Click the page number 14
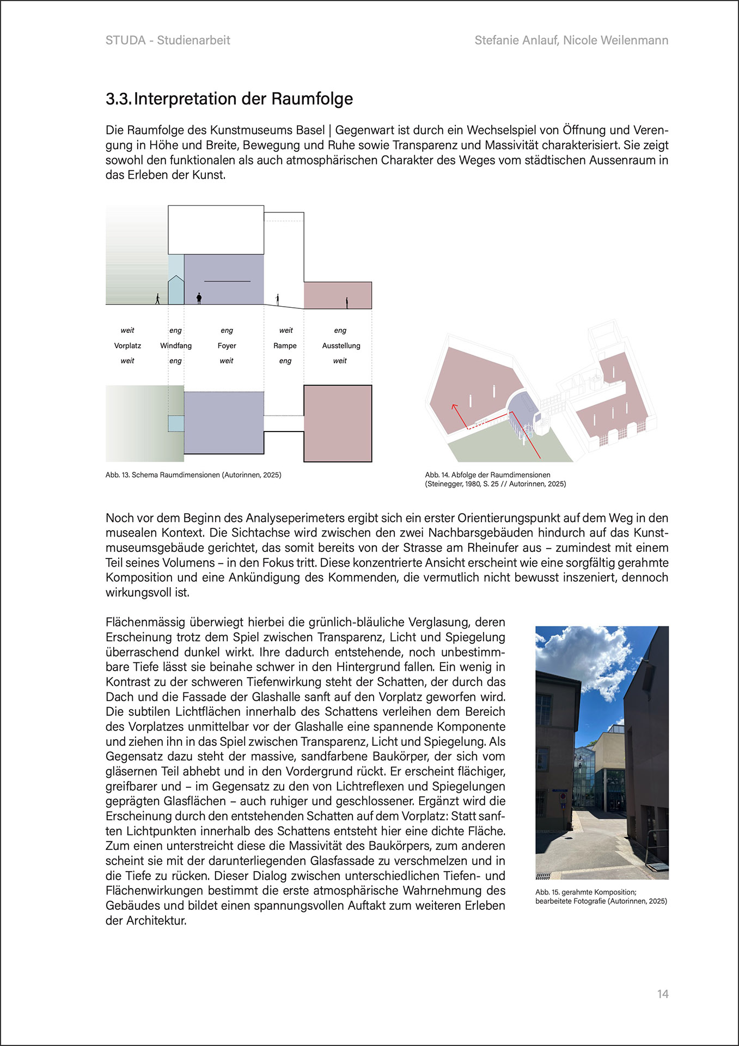pos(662,994)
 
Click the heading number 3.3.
pos(118,99)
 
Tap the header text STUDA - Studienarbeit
pos(168,40)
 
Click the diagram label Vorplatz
pos(127,346)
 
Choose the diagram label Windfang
pos(176,346)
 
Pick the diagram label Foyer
pos(227,346)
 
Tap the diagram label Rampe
pos(285,346)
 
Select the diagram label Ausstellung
pos(341,346)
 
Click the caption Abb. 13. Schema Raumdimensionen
pos(193,475)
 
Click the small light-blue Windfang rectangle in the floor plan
pos(176,423)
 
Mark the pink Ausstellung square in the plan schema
pos(338,423)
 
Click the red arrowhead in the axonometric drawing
pos(453,406)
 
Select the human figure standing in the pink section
pos(346,302)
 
